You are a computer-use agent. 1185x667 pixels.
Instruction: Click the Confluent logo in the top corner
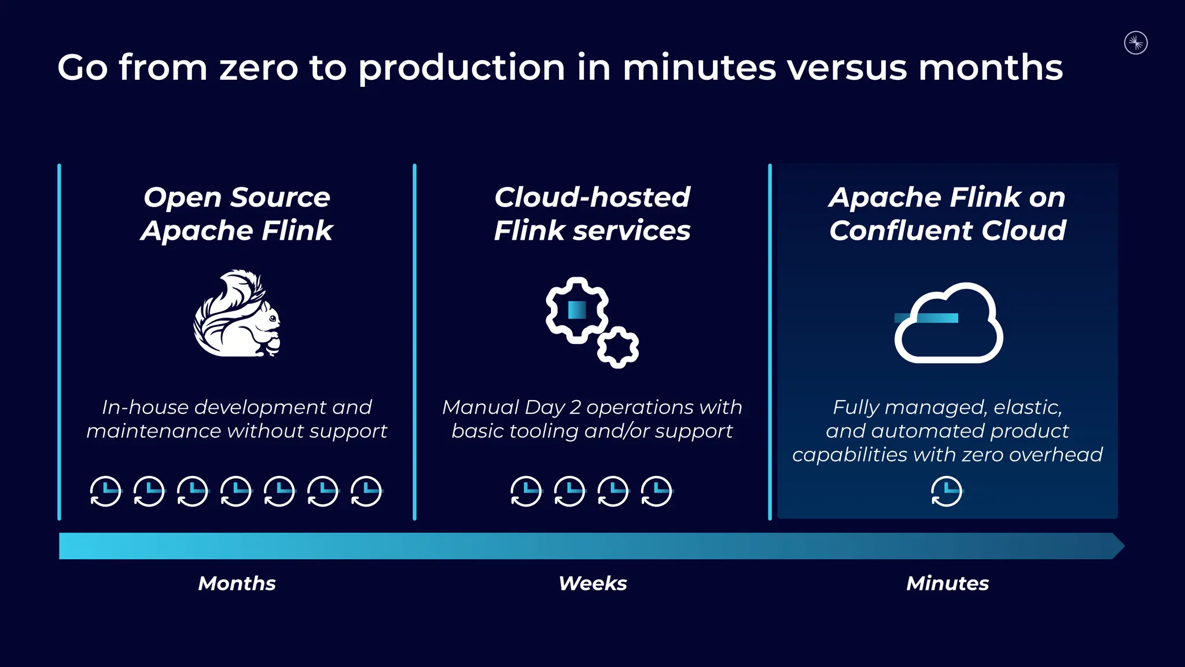click(x=1136, y=43)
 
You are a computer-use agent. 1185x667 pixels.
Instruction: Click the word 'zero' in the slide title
click(x=258, y=68)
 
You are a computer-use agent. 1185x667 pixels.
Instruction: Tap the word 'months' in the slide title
click(x=990, y=68)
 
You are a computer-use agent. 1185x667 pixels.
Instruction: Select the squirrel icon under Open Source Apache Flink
click(x=237, y=313)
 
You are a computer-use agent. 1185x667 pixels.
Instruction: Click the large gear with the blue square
click(x=577, y=310)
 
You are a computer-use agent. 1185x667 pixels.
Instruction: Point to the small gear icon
click(x=618, y=347)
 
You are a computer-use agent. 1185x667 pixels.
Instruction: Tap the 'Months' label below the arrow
click(x=237, y=583)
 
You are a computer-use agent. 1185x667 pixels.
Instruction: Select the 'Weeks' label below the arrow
click(x=592, y=583)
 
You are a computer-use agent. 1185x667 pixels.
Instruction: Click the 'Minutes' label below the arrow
click(x=947, y=583)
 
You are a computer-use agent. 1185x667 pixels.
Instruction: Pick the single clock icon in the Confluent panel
click(x=947, y=492)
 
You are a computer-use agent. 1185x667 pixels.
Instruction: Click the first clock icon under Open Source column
click(x=106, y=492)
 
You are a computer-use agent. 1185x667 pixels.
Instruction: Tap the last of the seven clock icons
click(x=366, y=492)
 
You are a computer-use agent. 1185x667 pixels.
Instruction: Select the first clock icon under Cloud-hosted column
click(x=526, y=492)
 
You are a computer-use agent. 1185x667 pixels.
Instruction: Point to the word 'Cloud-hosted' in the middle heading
click(x=592, y=197)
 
